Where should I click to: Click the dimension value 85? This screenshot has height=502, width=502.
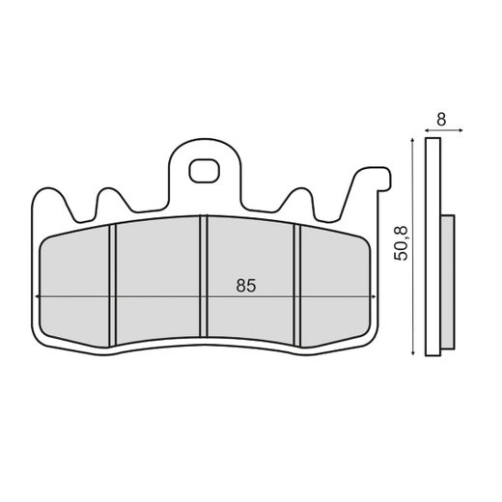(245, 286)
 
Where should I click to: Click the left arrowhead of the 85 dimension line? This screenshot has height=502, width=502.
(38, 295)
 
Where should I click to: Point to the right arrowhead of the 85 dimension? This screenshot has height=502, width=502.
(372, 295)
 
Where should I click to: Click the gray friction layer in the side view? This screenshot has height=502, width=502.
(447, 280)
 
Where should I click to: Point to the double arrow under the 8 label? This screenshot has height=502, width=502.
(441, 130)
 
